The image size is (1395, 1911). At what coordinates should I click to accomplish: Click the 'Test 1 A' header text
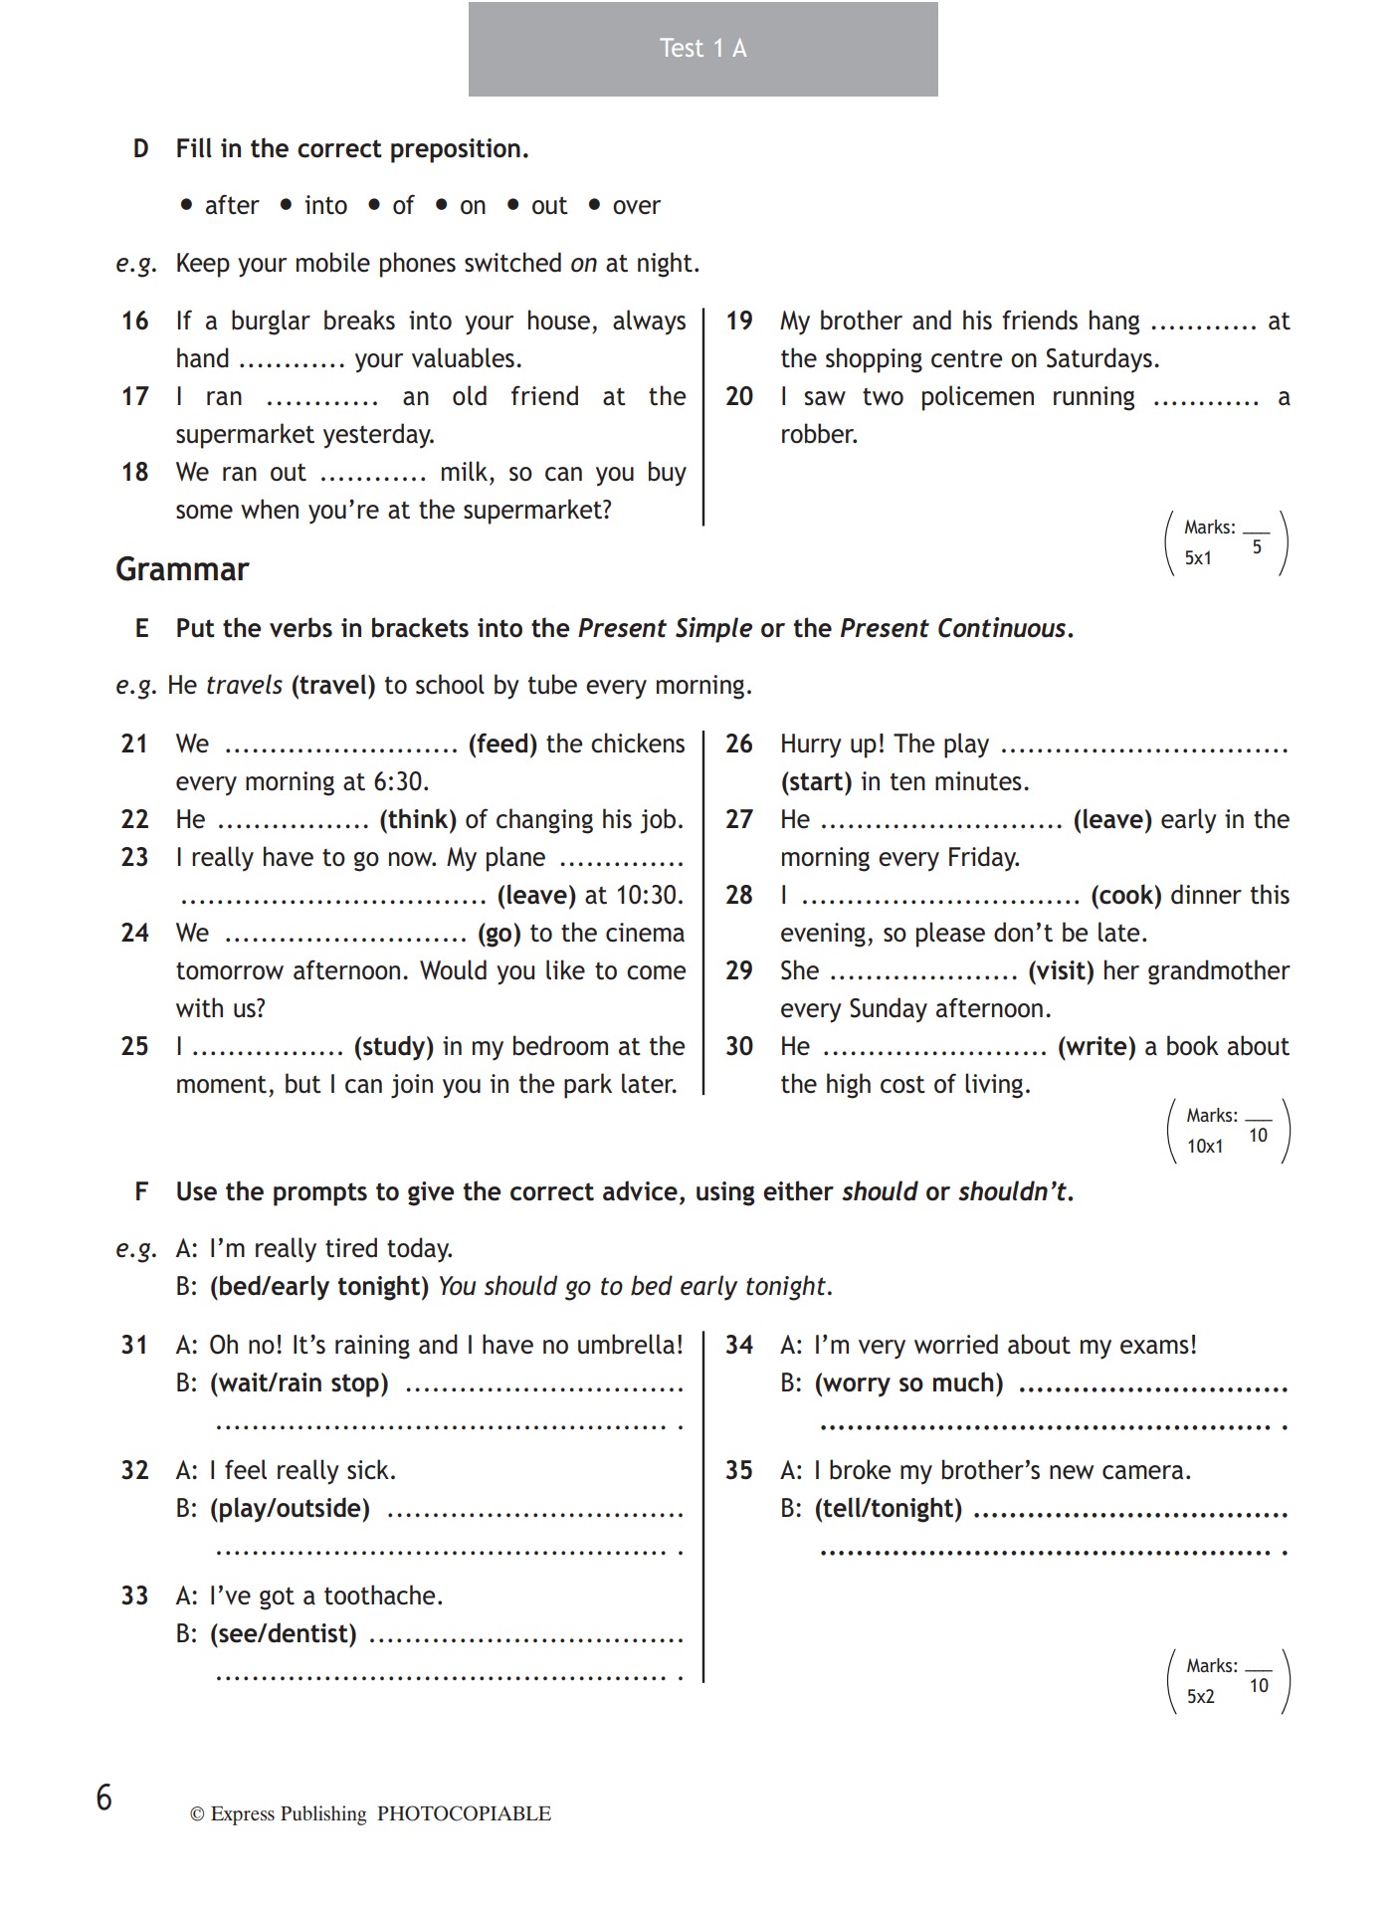click(x=702, y=49)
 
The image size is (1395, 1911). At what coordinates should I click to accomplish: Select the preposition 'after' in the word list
click(x=231, y=206)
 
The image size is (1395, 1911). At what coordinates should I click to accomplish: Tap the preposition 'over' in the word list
click(x=636, y=206)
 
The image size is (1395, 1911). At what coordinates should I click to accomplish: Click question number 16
click(x=134, y=321)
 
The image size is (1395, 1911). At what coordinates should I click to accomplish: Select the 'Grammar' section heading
click(x=182, y=569)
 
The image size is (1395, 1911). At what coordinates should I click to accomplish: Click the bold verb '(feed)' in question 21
click(x=502, y=744)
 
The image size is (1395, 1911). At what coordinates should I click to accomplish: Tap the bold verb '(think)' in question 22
click(x=418, y=820)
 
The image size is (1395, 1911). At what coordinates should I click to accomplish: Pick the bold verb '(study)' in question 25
click(x=394, y=1047)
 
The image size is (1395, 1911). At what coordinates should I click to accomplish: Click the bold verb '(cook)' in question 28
click(x=1126, y=896)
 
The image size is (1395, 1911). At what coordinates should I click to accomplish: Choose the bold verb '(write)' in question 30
click(x=1096, y=1047)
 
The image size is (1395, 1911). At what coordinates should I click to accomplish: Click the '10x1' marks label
click(x=1204, y=1147)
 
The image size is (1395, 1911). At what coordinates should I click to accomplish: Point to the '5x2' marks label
click(x=1200, y=1697)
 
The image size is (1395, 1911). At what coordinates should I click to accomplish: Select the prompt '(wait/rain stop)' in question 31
click(x=299, y=1383)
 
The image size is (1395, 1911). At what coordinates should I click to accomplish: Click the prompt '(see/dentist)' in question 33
click(x=284, y=1634)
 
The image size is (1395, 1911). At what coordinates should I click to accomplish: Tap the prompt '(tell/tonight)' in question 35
click(x=889, y=1509)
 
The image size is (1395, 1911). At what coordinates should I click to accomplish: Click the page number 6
click(x=104, y=1799)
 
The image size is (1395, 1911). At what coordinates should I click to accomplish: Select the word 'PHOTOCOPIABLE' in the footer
click(x=464, y=1814)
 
